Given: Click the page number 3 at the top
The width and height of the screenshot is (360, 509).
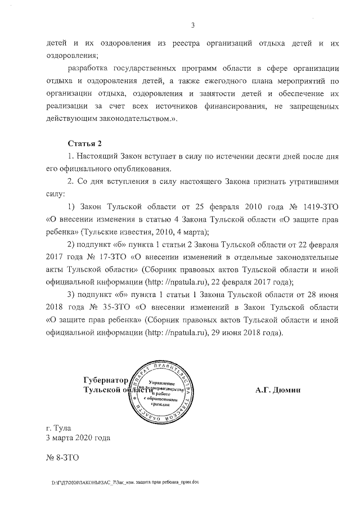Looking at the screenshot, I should click(192, 24).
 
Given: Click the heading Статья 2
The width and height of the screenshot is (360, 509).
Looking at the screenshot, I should click(84, 143).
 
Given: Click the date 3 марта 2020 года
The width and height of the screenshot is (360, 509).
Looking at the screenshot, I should click(78, 438).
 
